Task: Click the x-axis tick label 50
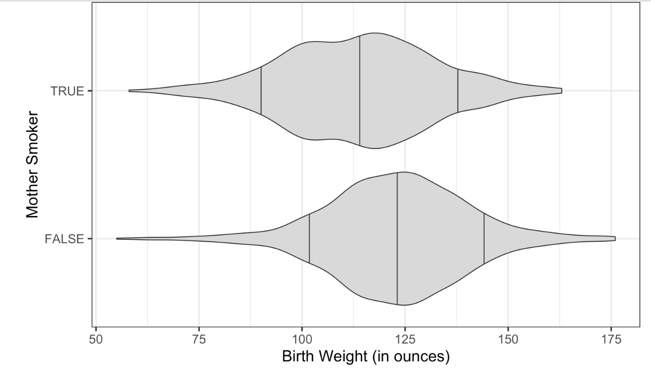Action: pos(96,338)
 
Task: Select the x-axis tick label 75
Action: pos(199,338)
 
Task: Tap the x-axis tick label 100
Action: pos(302,338)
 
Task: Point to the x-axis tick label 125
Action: pos(405,338)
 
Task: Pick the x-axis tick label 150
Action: pos(508,338)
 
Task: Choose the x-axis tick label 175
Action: pos(611,338)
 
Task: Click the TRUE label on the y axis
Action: pos(67,91)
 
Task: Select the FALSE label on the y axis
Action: pos(64,239)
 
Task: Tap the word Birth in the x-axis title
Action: pos(298,357)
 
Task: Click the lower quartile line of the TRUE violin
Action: pos(261,91)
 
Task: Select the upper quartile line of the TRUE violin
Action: pos(458,91)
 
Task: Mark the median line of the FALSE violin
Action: pos(397,239)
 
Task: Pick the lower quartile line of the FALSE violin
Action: pos(309,239)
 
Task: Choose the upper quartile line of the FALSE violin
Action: pos(484,239)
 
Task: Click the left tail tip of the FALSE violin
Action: pos(118,239)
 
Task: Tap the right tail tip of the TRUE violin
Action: pos(561,91)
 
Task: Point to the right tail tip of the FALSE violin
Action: pos(614,238)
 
